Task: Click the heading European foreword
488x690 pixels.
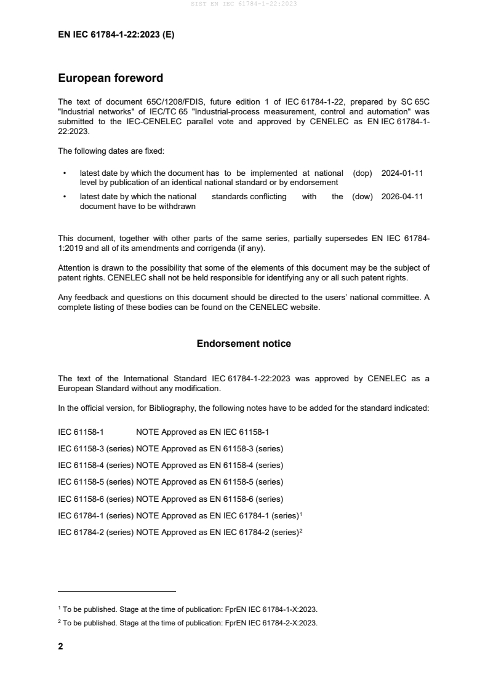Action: [x=110, y=78]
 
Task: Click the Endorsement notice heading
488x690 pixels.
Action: [x=244, y=344]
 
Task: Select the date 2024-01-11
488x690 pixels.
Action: [x=402, y=173]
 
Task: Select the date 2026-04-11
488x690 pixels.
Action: [x=402, y=197]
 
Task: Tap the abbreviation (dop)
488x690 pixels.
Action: [x=362, y=173]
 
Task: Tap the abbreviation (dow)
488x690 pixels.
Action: [x=362, y=197]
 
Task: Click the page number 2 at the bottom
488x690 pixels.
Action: [x=60, y=646]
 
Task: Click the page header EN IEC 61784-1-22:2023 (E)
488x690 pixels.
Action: [x=116, y=35]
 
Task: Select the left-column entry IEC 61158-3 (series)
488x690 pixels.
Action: [x=95, y=448]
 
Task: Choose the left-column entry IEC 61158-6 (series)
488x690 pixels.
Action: [x=95, y=498]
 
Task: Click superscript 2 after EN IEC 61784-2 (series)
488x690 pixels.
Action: [x=300, y=529]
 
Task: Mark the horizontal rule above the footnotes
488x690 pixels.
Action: [x=116, y=592]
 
